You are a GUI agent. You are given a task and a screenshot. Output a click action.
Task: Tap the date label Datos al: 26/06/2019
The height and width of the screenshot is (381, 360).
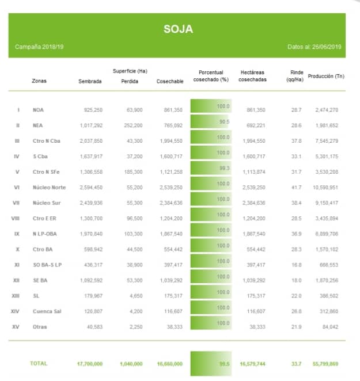314,46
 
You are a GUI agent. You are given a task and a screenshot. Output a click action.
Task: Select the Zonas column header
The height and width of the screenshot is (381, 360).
39,81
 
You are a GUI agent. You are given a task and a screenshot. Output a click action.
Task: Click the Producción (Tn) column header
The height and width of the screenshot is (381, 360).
326,76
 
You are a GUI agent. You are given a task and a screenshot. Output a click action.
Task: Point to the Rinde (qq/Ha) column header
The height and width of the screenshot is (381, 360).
296,76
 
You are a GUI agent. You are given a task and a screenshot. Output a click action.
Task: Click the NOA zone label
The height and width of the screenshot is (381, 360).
39,109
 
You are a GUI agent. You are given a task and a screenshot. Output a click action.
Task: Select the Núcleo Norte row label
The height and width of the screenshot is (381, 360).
50,187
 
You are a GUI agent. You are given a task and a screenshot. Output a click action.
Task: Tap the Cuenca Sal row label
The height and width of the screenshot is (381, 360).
47,311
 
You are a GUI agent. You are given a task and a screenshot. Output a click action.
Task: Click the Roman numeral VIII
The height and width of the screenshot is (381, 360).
16,218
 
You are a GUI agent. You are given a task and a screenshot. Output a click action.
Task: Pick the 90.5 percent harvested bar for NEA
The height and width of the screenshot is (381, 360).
210,122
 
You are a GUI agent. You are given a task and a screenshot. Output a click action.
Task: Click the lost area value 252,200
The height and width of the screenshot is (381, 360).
132,125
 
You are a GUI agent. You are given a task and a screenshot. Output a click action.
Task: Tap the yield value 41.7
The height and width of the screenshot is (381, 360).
296,187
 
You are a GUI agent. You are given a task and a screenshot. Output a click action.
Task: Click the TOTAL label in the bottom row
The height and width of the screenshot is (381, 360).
39,364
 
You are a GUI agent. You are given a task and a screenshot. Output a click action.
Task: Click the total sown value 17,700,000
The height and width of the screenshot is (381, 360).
89,364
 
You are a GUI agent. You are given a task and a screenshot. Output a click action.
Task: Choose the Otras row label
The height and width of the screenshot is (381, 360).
40,327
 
